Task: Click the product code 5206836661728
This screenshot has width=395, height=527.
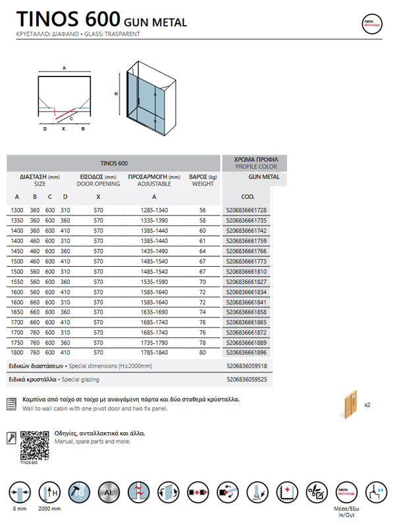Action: pyautogui.click(x=255, y=209)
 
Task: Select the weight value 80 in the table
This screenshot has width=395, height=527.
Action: pyautogui.click(x=203, y=352)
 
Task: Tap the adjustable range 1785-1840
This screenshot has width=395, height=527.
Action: pyautogui.click(x=153, y=352)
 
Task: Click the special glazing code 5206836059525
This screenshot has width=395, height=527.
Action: pyautogui.click(x=255, y=380)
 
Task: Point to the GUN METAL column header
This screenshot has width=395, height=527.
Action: pyautogui.click(x=264, y=177)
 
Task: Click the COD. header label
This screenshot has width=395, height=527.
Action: pyautogui.click(x=248, y=196)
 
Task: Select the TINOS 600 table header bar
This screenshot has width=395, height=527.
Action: pyautogui.click(x=113, y=163)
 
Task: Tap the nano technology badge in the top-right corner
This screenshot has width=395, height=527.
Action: pyautogui.click(x=372, y=22)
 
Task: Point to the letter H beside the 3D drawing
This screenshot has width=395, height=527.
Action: pyautogui.click(x=117, y=94)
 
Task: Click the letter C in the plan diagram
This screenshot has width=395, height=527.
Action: pyautogui.click(x=70, y=119)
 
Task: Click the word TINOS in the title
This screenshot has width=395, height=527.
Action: pyautogui.click(x=44, y=20)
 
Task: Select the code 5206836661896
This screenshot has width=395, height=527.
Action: pyautogui.click(x=255, y=352)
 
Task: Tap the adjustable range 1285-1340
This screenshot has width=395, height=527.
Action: pyautogui.click(x=153, y=209)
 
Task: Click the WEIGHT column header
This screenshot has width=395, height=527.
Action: pyautogui.click(x=203, y=184)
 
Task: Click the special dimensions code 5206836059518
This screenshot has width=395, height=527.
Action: pyautogui.click(x=255, y=365)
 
